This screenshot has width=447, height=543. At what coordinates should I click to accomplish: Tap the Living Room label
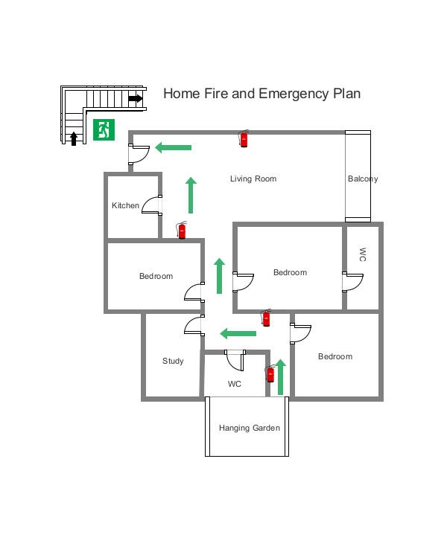click(253, 179)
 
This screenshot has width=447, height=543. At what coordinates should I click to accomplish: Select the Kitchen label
click(125, 205)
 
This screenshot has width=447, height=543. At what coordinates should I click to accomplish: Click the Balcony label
click(363, 179)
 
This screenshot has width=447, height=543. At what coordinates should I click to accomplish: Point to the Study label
click(173, 362)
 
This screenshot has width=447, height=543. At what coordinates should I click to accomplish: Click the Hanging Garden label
click(250, 428)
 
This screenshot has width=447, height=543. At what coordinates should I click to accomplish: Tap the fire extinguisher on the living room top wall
click(244, 138)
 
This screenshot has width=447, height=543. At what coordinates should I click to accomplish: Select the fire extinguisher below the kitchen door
click(182, 230)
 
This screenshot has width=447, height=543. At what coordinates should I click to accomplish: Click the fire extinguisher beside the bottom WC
click(270, 373)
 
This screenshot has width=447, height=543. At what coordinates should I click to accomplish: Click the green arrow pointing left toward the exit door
click(174, 147)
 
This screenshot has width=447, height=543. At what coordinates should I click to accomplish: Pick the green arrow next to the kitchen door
click(191, 195)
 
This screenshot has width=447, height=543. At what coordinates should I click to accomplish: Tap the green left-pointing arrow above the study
click(238, 333)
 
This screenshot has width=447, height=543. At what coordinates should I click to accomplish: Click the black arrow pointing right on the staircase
click(135, 98)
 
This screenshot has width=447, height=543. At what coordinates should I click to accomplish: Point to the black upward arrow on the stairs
click(74, 138)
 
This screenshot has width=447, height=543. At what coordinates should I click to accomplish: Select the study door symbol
click(194, 326)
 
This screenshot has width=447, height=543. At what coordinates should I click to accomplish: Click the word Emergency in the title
click(296, 94)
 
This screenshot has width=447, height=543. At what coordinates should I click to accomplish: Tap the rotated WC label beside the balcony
click(363, 254)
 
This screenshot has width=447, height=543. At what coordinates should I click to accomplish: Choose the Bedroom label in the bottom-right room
click(335, 356)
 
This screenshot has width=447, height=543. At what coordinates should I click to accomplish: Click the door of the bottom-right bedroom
click(301, 332)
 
